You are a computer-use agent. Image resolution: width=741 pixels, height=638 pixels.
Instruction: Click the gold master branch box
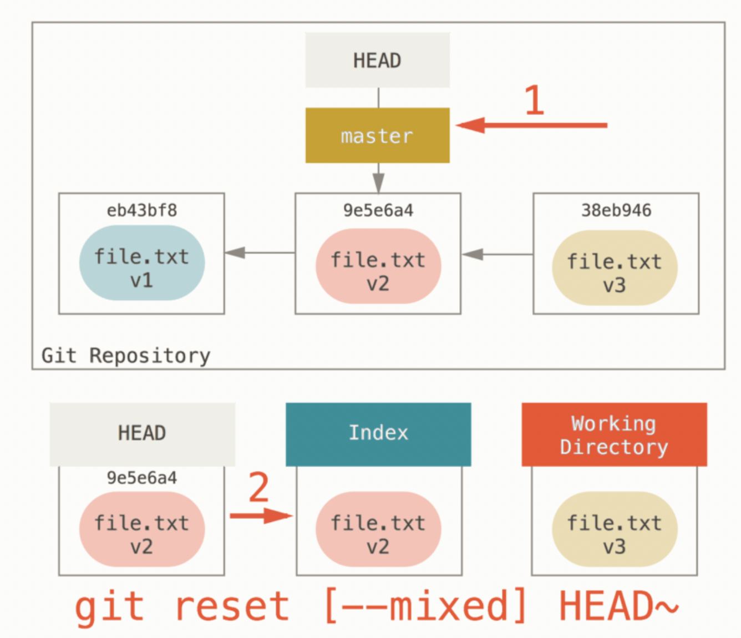point(377,135)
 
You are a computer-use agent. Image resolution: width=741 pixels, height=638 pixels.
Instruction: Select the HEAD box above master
point(377,60)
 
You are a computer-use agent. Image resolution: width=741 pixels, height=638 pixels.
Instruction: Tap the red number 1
point(534,100)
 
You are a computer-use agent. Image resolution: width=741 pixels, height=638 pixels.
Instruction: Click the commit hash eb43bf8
point(141,210)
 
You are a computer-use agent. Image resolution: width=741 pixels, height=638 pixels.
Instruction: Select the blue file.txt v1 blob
point(141,263)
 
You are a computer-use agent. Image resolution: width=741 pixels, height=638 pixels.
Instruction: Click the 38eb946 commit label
point(616,210)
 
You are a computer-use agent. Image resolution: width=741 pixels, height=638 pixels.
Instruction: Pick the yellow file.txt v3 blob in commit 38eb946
point(615,268)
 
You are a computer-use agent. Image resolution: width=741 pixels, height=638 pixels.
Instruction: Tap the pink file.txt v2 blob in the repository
point(378,266)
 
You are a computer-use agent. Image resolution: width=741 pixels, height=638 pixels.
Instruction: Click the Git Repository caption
point(126,355)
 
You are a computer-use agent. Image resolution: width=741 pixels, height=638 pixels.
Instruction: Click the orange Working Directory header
point(614,434)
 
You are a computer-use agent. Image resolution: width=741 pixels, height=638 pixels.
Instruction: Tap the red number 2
point(258,488)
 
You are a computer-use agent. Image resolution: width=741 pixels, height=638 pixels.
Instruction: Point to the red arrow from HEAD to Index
point(261,516)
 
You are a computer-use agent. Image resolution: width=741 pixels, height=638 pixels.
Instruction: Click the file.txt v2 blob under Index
point(378,529)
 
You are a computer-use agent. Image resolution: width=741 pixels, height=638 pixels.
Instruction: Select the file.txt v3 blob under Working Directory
point(614,529)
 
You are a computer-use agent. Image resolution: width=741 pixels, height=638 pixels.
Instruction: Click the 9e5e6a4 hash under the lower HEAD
point(141,478)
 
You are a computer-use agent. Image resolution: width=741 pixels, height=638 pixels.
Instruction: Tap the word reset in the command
point(231,606)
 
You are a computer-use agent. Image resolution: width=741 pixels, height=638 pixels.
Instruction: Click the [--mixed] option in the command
point(424,606)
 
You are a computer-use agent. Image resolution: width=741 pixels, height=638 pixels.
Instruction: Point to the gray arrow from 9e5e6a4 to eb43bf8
point(260,253)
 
